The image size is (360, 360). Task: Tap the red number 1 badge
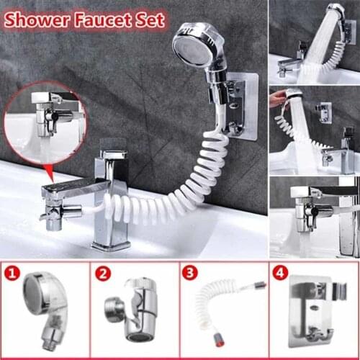pyautogui.click(x=12, y=274)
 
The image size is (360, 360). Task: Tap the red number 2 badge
pyautogui.click(x=103, y=274)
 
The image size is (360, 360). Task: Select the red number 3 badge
pyautogui.click(x=190, y=274)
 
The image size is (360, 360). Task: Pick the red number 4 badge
pyautogui.click(x=280, y=274)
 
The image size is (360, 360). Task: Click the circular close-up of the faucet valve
pyautogui.click(x=45, y=122)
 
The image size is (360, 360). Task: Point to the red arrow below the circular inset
pyautogui.click(x=49, y=171)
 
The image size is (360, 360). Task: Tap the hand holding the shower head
pyautogui.click(x=278, y=99)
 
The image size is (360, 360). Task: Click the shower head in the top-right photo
pyautogui.click(x=336, y=14)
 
